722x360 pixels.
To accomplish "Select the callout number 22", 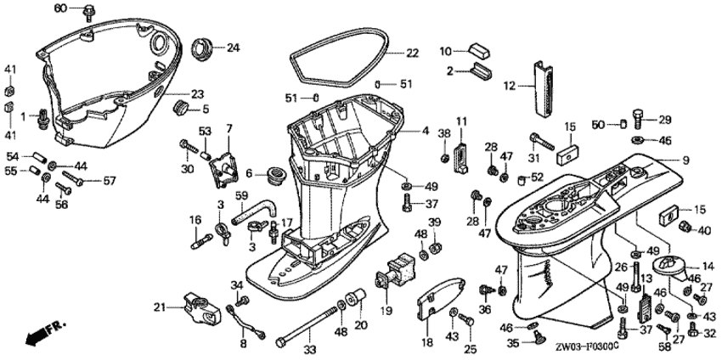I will click(x=412, y=53).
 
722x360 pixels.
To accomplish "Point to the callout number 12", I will click(x=509, y=84).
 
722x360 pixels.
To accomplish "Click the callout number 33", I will click(x=309, y=349).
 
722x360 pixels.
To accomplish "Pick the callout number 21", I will click(x=159, y=307).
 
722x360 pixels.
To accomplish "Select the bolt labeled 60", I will click(x=89, y=12).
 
